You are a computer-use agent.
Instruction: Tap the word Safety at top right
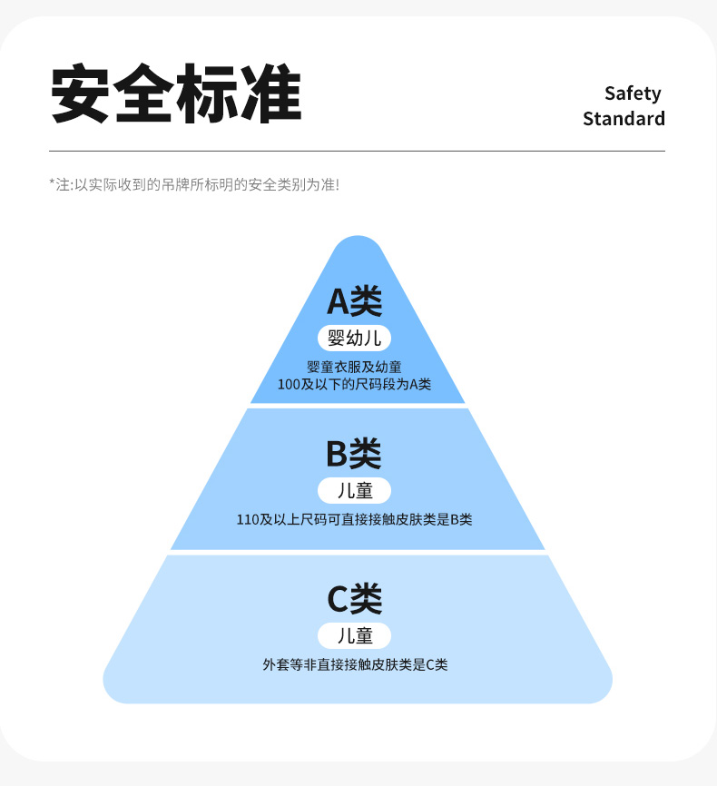click(x=633, y=93)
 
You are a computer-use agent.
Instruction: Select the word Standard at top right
click(x=624, y=119)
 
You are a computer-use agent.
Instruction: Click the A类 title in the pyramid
click(x=355, y=300)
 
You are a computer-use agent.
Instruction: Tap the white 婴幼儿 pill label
click(x=355, y=339)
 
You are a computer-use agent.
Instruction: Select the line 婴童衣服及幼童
click(x=355, y=368)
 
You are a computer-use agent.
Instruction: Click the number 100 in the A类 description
click(x=288, y=384)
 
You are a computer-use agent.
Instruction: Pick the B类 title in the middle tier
click(x=354, y=453)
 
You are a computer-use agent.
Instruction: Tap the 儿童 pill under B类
click(x=354, y=491)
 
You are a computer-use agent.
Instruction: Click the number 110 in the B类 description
click(x=247, y=520)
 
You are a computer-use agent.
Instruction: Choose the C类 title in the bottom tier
click(x=354, y=598)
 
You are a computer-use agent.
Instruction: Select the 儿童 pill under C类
click(x=354, y=635)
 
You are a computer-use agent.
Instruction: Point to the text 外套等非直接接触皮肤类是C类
click(x=355, y=664)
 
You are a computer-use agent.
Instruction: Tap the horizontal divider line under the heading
click(x=357, y=151)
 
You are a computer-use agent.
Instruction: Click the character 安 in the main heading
click(x=81, y=94)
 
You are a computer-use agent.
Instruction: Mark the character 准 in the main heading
click(x=270, y=94)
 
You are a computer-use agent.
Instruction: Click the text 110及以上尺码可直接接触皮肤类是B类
click(x=354, y=520)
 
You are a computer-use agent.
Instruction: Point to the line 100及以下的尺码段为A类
click(x=355, y=384)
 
